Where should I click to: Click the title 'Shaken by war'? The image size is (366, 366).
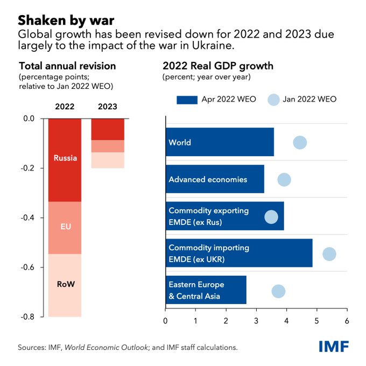pyautogui.click(x=66, y=20)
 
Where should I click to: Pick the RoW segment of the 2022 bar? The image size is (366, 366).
pyautogui.click(x=65, y=285)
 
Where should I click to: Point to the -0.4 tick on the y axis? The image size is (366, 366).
pyautogui.click(x=30, y=217)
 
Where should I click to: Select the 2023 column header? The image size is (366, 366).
pyautogui.click(x=107, y=107)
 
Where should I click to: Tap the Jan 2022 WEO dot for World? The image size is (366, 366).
pyautogui.click(x=300, y=143)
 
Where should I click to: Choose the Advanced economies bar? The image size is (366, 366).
pyautogui.click(x=214, y=179)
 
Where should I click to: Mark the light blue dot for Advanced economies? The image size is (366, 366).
pyautogui.click(x=284, y=179)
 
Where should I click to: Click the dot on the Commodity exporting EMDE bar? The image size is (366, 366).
pyautogui.click(x=271, y=217)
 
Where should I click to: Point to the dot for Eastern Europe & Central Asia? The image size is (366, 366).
pyautogui.click(x=278, y=291)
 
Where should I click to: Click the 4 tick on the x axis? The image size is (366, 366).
pyautogui.click(x=286, y=321)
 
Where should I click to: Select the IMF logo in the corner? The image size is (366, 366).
pyautogui.click(x=333, y=346)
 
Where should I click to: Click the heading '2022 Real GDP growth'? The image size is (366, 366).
pyautogui.click(x=218, y=66)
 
